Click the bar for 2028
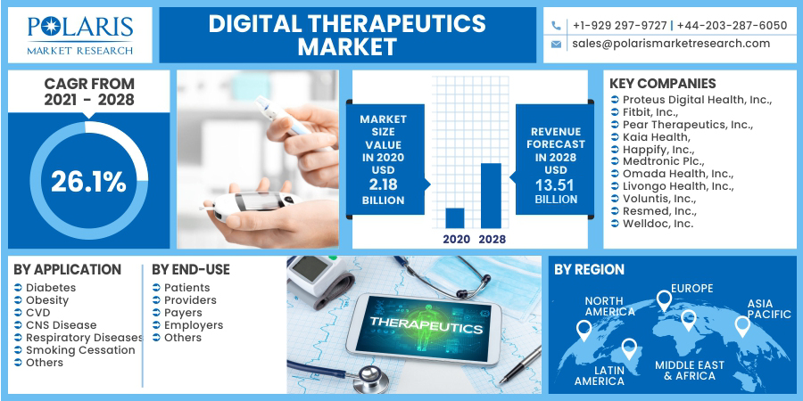[x=491, y=196]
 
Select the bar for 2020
[x=455, y=218]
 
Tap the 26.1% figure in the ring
[x=88, y=182]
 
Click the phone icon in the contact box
[x=556, y=26]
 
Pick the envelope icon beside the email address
[x=556, y=45]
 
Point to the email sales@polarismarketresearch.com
[x=671, y=44]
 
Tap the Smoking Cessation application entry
[x=80, y=350]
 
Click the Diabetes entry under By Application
[x=51, y=288]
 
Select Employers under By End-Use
[x=194, y=325]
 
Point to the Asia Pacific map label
[x=769, y=308]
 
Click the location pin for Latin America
[x=629, y=348]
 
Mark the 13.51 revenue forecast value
[x=555, y=184]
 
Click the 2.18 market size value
[x=383, y=184]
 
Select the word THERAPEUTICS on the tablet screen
[x=426, y=324]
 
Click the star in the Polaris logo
[x=51, y=26]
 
